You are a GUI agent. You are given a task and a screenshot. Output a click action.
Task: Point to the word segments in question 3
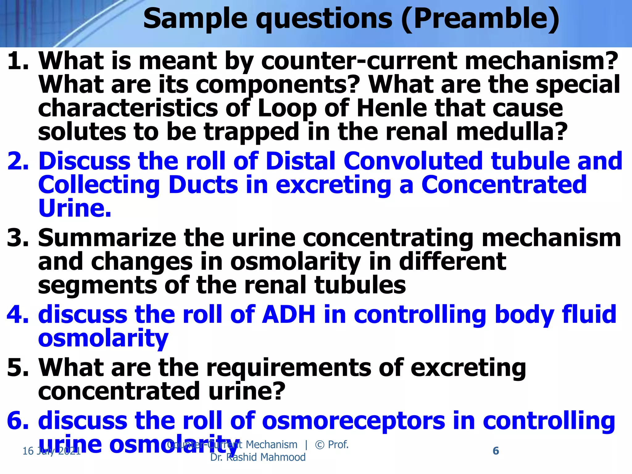click(98, 285)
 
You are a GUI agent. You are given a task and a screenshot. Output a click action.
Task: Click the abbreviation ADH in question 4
click(289, 314)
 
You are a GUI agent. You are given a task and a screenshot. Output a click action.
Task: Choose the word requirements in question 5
click(289, 368)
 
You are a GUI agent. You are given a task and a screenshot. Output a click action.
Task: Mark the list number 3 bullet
click(17, 238)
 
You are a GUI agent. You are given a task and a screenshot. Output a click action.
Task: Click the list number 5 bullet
click(17, 368)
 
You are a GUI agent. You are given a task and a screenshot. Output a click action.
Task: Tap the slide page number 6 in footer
click(496, 451)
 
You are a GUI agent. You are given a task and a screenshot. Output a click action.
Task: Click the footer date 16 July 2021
click(52, 451)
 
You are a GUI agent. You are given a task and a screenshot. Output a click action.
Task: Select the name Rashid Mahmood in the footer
click(266, 457)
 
